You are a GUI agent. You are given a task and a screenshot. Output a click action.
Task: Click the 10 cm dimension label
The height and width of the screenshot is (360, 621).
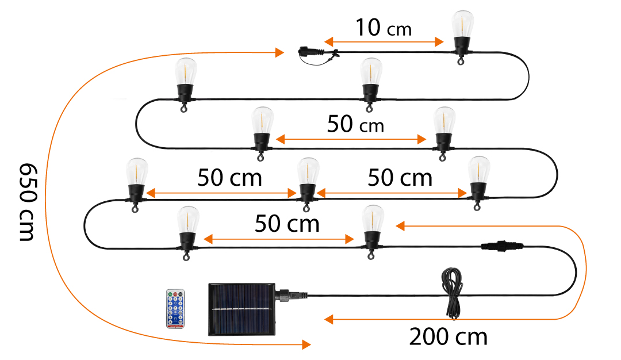[x=383, y=28]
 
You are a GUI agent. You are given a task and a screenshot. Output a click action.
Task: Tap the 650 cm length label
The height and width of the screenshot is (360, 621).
[x=26, y=202]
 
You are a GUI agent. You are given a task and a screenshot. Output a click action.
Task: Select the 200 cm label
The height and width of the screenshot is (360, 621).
[x=448, y=337]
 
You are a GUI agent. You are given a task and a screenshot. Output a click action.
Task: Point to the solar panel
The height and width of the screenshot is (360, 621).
[x=242, y=308]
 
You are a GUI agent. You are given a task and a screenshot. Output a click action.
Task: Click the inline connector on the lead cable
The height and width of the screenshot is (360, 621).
[x=503, y=246]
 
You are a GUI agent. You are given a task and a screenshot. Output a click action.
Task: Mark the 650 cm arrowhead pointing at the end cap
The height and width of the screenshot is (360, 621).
[x=280, y=53]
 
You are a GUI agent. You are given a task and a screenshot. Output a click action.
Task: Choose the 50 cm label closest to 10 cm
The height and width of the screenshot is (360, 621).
[x=355, y=124]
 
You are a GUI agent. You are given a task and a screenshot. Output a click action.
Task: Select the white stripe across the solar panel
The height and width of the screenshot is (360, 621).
[x=242, y=309]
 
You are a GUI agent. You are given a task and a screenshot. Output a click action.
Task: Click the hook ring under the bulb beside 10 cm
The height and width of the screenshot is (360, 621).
[x=461, y=62]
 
